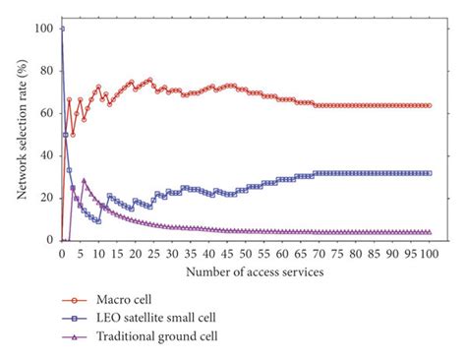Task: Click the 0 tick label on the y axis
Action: click(48, 240)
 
